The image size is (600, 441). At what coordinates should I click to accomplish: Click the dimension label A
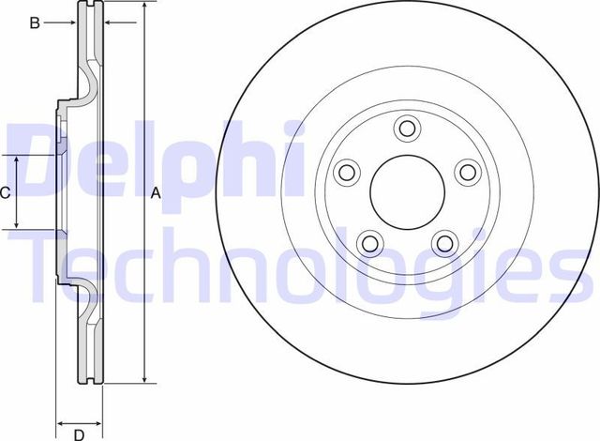(157, 193)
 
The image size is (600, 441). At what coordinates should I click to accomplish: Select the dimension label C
(5, 193)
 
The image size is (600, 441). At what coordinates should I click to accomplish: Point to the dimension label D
(80, 433)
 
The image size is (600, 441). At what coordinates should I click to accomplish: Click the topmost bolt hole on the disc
(407, 129)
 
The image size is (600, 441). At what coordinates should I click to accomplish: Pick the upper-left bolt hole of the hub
(347, 172)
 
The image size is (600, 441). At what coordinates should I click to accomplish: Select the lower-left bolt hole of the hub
(369, 243)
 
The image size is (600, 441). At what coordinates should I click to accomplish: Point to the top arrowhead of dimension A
(143, 8)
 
